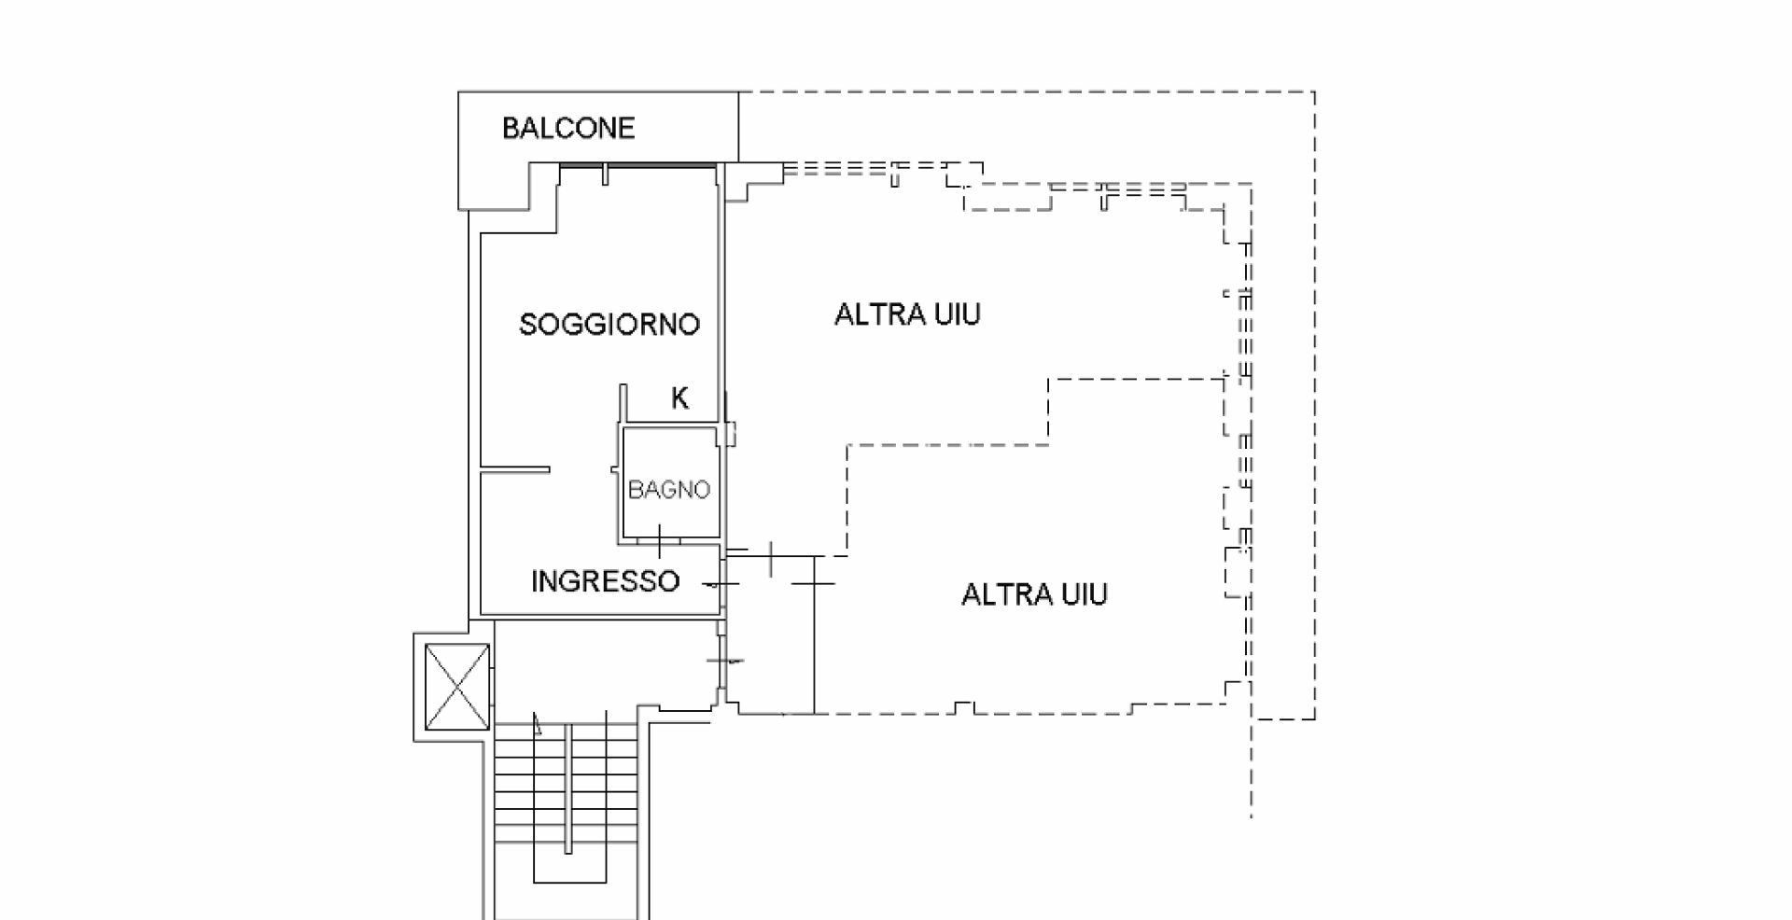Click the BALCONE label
click(567, 128)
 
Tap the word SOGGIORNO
click(609, 324)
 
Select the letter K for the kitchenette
click(679, 399)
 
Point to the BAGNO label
click(668, 489)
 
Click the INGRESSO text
click(605, 581)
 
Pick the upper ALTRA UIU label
click(907, 314)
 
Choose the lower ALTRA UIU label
click(1034, 594)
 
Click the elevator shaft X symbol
click(456, 687)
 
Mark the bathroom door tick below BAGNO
click(660, 541)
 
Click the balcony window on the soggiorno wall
click(638, 166)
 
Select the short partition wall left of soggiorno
click(514, 468)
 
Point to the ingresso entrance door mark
click(720, 585)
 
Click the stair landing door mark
click(725, 661)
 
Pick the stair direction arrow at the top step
click(537, 723)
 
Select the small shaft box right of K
click(731, 433)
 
